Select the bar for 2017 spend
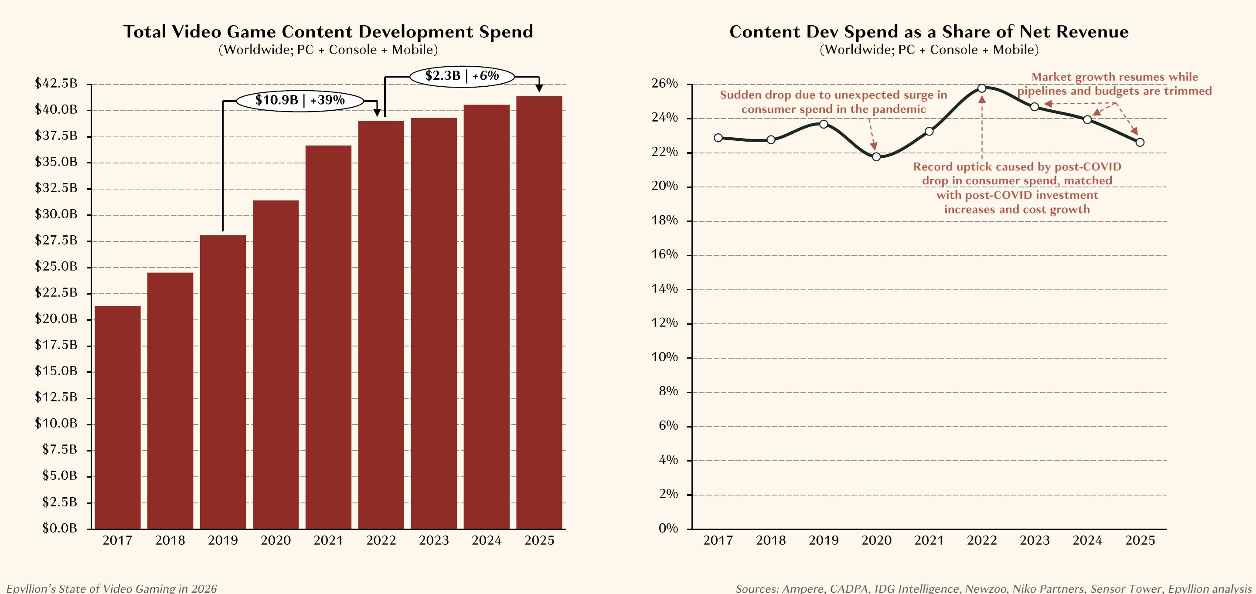point(118,417)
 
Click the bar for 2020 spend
point(276,364)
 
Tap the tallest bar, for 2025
point(539,312)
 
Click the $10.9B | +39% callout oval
point(300,101)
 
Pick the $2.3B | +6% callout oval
point(462,76)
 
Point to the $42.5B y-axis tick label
point(56,84)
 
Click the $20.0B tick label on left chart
point(56,319)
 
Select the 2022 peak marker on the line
point(982,88)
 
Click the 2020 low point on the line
point(876,156)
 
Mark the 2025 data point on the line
point(1140,142)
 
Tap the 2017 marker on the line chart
point(718,138)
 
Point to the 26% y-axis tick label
point(664,84)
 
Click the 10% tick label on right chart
point(664,357)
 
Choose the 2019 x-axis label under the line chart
point(824,540)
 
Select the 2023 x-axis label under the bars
point(434,540)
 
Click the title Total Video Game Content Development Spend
point(328,32)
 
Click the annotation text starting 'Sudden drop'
point(833,102)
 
